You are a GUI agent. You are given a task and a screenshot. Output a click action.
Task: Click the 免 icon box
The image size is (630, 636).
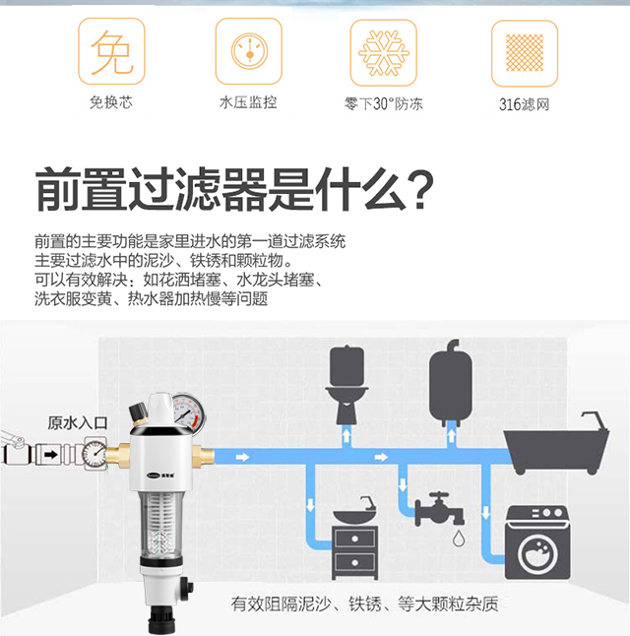tap(111, 51)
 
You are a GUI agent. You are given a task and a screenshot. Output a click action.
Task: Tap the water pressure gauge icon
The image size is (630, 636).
tap(249, 51)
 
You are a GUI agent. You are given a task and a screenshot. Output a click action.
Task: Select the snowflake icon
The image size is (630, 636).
tap(384, 53)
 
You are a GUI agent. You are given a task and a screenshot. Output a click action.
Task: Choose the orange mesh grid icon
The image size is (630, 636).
tap(525, 53)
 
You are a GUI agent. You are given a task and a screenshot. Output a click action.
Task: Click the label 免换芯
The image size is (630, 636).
tap(111, 102)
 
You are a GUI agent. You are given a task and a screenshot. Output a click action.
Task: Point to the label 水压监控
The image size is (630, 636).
tap(248, 102)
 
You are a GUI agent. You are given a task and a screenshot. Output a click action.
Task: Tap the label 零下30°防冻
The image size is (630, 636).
tap(383, 104)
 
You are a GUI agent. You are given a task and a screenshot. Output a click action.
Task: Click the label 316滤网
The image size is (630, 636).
tap(524, 104)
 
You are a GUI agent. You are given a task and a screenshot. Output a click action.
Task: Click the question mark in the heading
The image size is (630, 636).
tap(420, 190)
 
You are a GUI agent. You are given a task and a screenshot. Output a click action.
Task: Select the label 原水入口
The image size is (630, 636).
tap(78, 423)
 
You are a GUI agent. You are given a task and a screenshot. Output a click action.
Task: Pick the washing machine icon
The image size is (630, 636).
tap(537, 542)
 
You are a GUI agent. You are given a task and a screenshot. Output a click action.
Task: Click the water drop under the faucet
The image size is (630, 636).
tap(459, 538)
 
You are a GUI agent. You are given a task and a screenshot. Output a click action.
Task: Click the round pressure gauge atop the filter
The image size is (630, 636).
tap(189, 413)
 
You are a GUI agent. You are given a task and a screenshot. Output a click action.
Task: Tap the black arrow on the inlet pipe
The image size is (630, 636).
tap(51, 455)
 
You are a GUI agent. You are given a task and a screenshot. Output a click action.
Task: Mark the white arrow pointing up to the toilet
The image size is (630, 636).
tap(346, 436)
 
